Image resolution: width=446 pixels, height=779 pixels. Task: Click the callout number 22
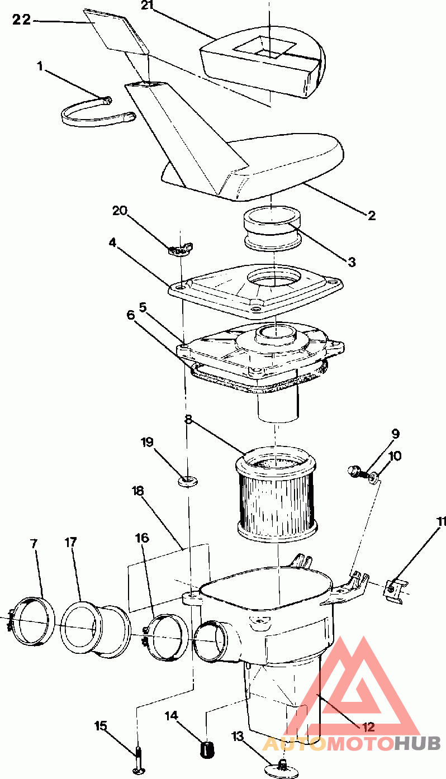(22, 20)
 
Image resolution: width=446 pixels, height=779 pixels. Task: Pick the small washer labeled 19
(187, 482)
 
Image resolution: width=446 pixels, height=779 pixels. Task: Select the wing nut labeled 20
(181, 249)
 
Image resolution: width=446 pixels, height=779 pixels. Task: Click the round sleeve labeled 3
(272, 228)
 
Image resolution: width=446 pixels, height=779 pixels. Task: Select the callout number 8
(188, 419)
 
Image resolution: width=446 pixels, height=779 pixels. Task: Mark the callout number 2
(372, 216)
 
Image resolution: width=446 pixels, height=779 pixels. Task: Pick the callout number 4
(112, 243)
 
